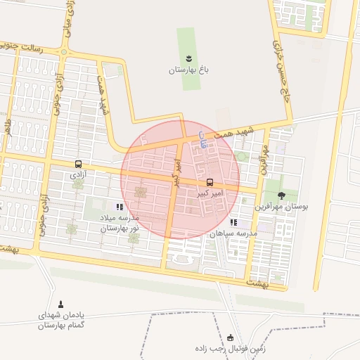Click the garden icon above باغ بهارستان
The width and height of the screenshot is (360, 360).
[188, 58]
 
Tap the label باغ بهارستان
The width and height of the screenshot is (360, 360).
[189, 70]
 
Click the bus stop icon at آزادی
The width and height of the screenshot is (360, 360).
[77, 165]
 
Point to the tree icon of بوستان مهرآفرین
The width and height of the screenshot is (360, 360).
[281, 195]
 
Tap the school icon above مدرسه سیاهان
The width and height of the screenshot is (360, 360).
[233, 222]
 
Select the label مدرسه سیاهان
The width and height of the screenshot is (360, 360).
[233, 233]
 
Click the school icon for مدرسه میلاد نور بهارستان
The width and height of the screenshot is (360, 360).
[120, 207]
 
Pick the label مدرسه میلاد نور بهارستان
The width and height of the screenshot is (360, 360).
[119, 224]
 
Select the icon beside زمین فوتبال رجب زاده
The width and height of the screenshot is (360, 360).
[230, 337]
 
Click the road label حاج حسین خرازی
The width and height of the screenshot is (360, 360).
[280, 71]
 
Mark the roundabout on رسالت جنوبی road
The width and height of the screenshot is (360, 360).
[65, 51]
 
